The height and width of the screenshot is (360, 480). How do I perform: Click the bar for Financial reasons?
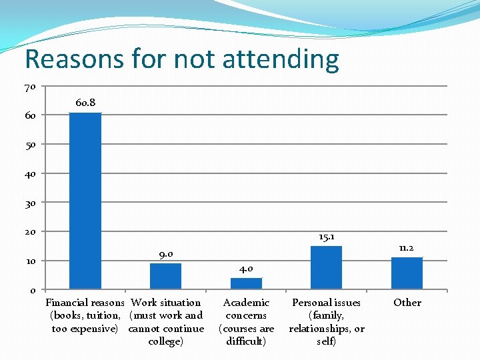pos(85,200)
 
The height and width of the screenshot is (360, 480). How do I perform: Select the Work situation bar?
pos(165,276)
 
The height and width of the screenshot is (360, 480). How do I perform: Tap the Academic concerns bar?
pos(246,283)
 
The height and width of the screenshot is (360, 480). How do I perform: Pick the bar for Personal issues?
pos(326,267)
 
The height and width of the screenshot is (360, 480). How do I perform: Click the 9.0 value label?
pos(166,254)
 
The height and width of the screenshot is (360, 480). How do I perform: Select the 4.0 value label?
pos(246,269)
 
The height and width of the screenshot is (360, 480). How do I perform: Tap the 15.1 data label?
pos(327,237)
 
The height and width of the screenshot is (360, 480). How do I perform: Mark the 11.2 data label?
pos(407,248)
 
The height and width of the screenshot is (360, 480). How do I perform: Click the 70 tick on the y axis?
pos(30,87)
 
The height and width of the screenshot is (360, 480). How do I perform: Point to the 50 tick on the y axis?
pos(30,145)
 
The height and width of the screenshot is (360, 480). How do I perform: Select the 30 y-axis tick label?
pos(30,203)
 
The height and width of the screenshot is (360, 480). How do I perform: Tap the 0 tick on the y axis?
pos(33,290)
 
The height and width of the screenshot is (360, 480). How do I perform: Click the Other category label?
pos(407,303)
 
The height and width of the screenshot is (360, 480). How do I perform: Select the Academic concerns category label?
pos(246,322)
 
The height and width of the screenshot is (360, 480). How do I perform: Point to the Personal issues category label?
pos(326,322)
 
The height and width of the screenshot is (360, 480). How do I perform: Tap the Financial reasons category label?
pos(85,315)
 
